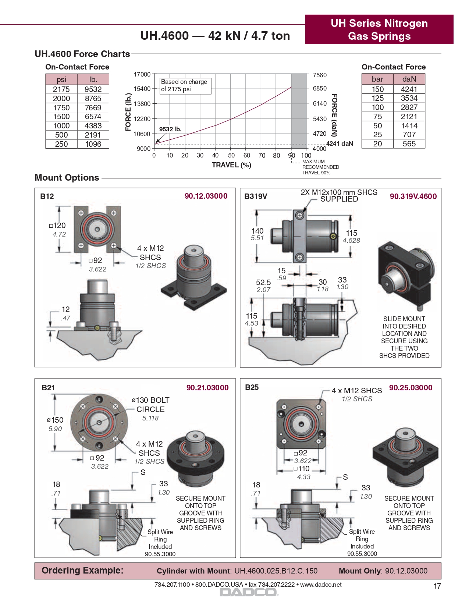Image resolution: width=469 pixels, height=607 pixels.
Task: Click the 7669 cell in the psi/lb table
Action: coord(93,107)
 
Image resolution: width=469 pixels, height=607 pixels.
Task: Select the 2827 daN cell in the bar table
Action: coord(409,107)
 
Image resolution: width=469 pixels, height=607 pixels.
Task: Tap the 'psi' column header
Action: coord(61,79)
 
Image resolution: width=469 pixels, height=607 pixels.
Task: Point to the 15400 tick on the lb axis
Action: coord(142,89)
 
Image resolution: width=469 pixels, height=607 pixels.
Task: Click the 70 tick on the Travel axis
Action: coord(262,155)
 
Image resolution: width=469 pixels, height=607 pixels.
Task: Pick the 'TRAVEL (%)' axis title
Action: coord(231,165)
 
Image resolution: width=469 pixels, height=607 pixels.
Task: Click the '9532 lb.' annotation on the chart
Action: coord(170,129)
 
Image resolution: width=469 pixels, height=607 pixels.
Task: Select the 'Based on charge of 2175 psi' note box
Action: coord(185,85)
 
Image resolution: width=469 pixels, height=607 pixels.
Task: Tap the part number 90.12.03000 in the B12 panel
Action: coord(206,196)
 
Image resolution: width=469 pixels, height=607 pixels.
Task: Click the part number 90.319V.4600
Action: coord(413,196)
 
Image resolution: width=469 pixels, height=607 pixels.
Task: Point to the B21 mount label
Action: coord(48,387)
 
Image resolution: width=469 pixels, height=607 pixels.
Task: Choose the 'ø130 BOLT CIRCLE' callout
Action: coord(150,405)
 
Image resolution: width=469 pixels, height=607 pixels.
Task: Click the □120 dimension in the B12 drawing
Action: coord(58,226)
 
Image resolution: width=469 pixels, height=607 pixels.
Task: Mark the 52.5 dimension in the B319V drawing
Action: coord(263,283)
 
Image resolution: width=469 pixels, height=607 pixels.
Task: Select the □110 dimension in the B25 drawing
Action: coord(302,469)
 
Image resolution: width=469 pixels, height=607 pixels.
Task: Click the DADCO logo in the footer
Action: coord(249,592)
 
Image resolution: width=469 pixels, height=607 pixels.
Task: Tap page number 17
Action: coord(437,586)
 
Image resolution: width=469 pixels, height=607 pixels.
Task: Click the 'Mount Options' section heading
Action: coord(67,178)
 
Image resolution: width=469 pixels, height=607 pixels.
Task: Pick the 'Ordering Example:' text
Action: coord(82,571)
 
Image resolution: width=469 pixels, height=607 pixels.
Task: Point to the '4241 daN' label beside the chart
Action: coord(340,143)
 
